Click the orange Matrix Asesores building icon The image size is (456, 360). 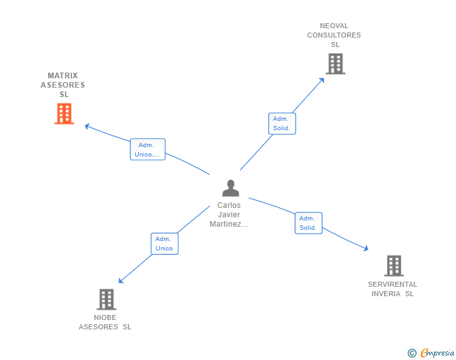click(64, 114)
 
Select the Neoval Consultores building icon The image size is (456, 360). click(335, 64)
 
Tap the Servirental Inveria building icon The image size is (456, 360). click(393, 265)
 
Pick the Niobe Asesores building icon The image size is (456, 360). click(106, 299)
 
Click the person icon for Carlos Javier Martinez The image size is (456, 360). click(231, 188)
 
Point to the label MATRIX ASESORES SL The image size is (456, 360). click(63, 85)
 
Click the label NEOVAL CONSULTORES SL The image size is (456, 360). click(334, 36)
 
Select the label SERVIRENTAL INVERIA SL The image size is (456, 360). click(393, 289)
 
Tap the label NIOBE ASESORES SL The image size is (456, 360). click(105, 322)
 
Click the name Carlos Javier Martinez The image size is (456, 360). click(229, 215)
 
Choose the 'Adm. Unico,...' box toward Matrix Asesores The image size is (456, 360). click(148, 150)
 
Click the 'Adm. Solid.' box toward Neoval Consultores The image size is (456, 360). click(281, 123)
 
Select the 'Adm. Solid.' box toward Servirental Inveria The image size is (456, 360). click(308, 223)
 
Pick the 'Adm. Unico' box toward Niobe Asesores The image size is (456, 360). click(164, 244)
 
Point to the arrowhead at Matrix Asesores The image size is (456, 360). click(88, 126)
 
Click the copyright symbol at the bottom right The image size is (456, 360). click(412, 353)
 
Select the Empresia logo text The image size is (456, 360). click(437, 353)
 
